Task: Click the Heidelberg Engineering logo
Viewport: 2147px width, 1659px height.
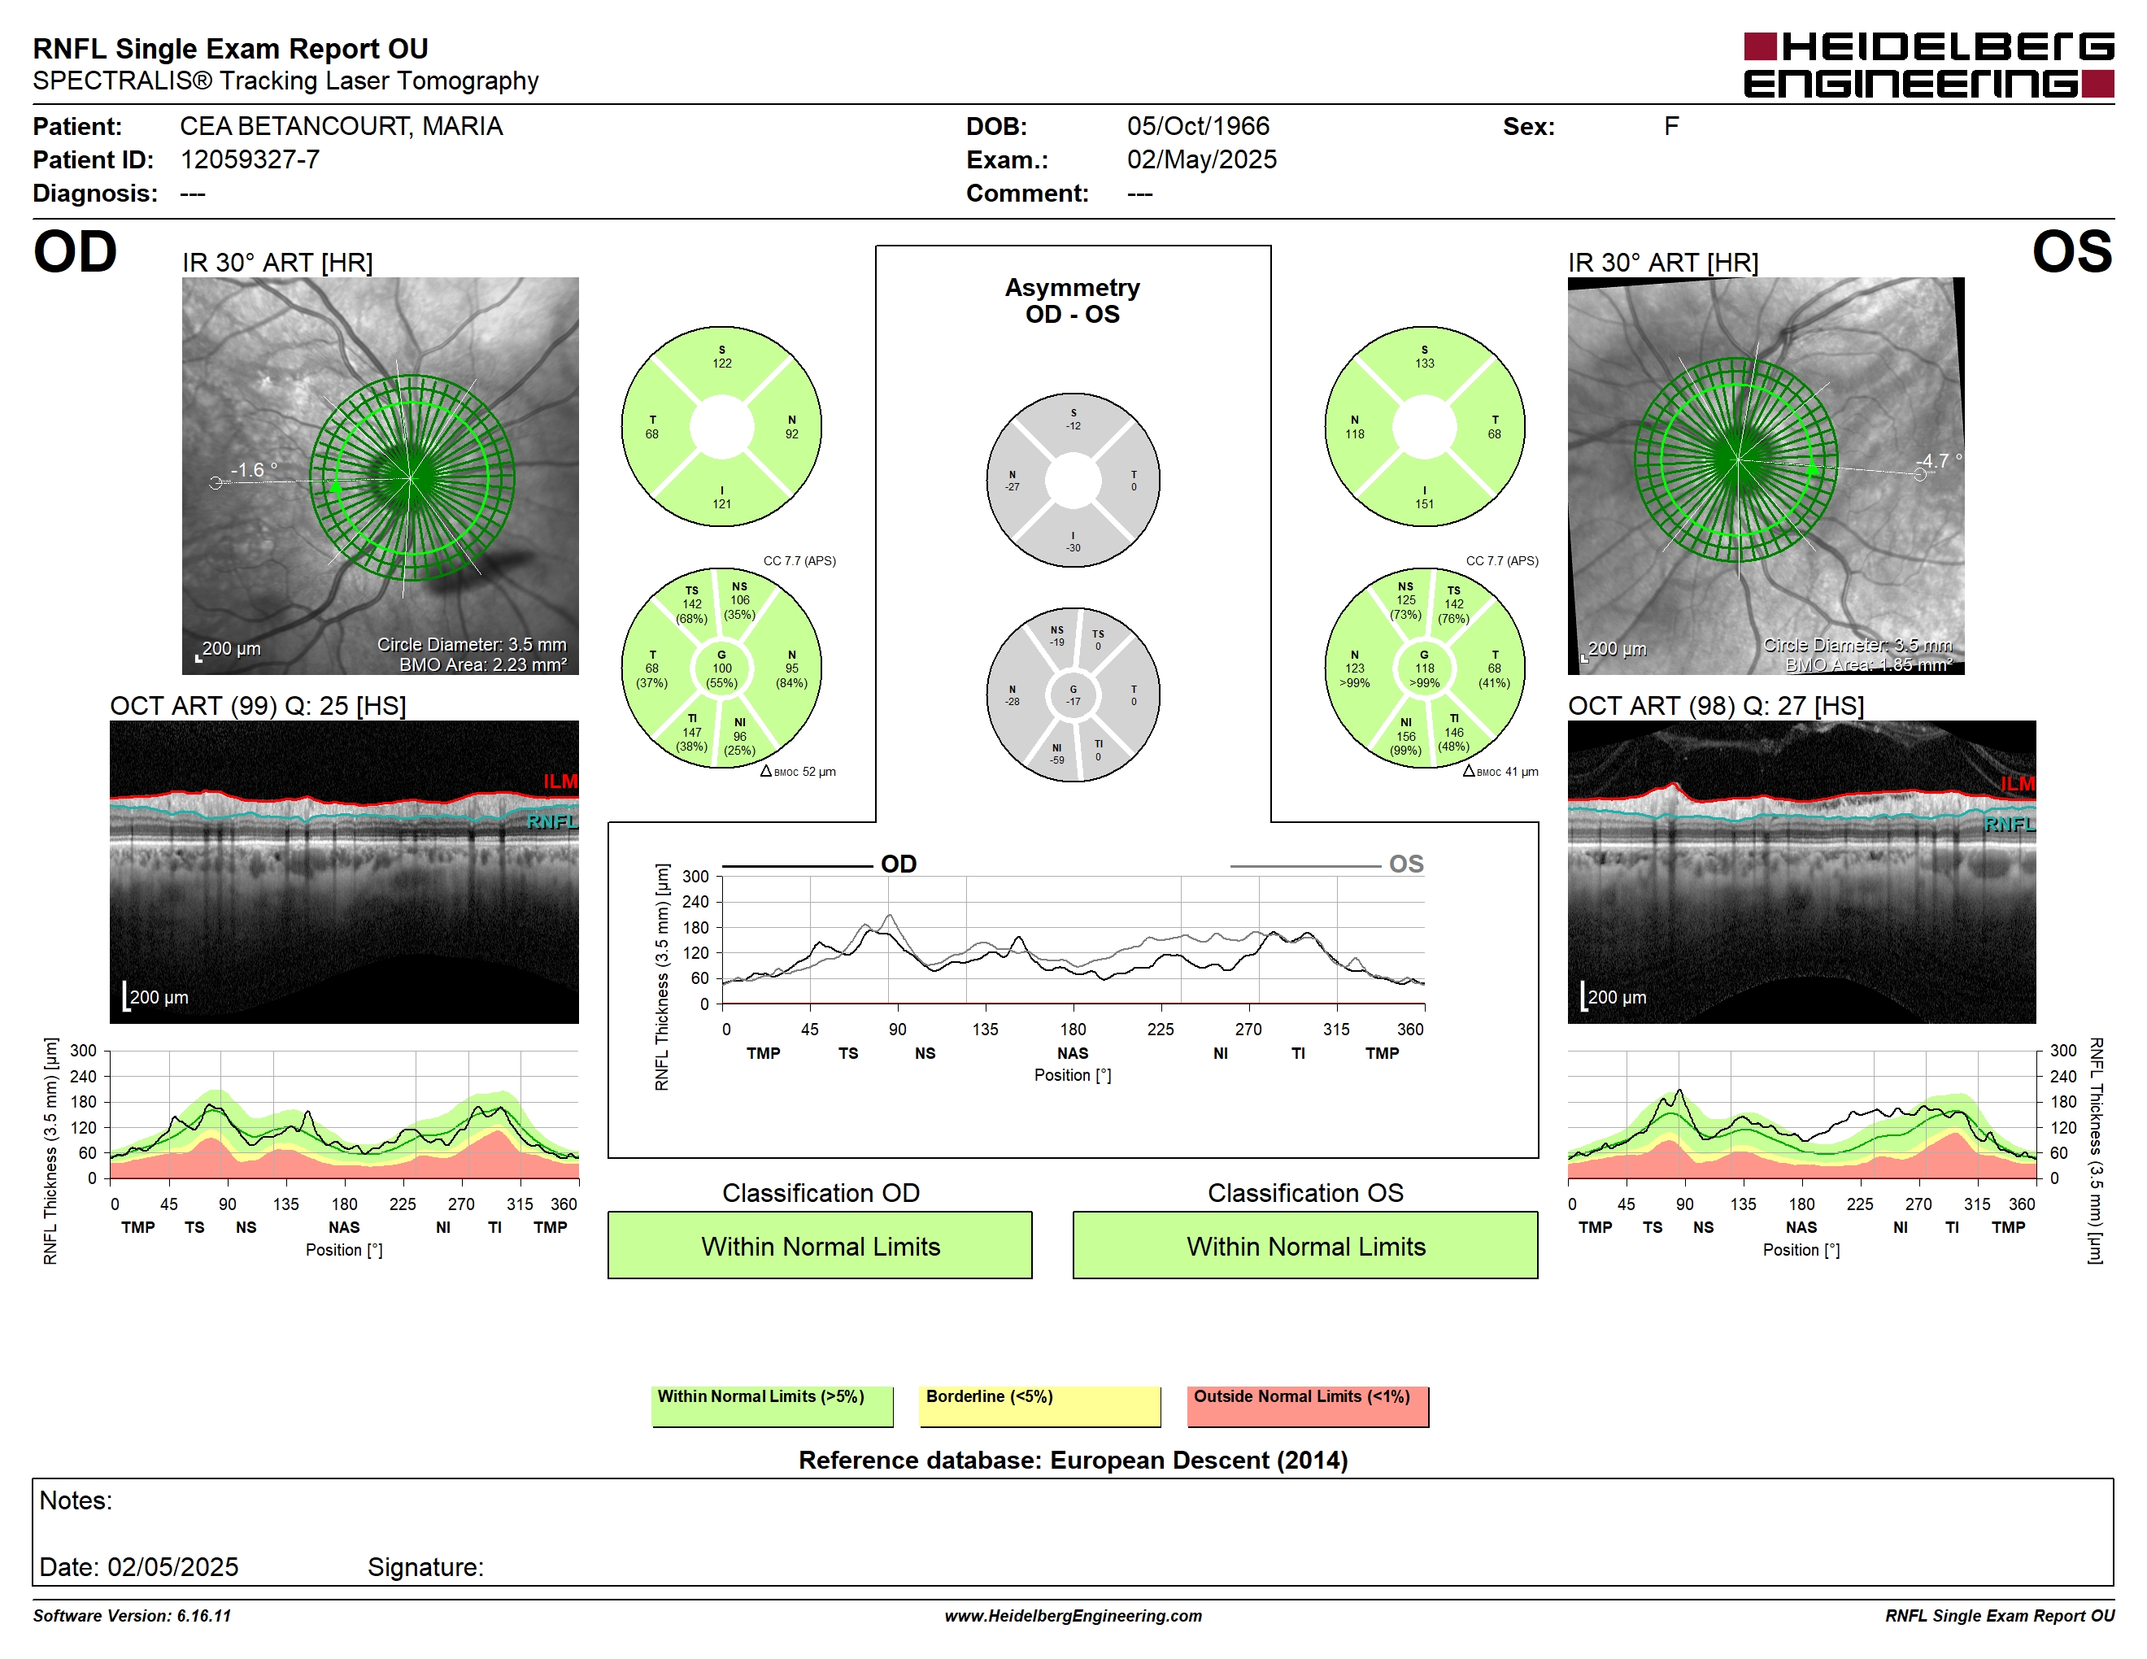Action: coord(1929,66)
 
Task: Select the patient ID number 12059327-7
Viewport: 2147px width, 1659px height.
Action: coord(250,159)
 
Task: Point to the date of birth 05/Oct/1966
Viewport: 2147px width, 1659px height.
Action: coord(1197,126)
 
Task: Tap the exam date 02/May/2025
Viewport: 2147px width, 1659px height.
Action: coord(1201,159)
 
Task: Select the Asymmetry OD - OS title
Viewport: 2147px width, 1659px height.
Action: coord(1073,301)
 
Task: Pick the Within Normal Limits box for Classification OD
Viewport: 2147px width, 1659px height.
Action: coord(820,1245)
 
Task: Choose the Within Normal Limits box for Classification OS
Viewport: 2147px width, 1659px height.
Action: coord(1305,1245)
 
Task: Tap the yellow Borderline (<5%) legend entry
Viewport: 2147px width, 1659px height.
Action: coord(1040,1405)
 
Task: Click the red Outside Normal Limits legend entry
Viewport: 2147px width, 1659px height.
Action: coord(1308,1405)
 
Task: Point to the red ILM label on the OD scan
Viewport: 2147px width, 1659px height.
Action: coord(560,782)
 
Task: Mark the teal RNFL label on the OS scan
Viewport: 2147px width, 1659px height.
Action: coord(2010,824)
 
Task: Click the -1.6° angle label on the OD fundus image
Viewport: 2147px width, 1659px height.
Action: coord(254,470)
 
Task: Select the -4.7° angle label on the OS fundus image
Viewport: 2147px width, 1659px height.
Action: coord(1939,460)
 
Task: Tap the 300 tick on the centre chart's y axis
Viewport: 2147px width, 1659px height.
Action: coord(695,877)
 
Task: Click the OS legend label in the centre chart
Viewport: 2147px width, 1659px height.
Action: coord(1406,864)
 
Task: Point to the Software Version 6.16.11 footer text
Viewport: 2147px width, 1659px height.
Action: coord(132,1616)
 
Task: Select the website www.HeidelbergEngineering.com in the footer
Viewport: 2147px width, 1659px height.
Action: coord(1073,1616)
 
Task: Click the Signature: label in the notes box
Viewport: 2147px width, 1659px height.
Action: coord(425,1566)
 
